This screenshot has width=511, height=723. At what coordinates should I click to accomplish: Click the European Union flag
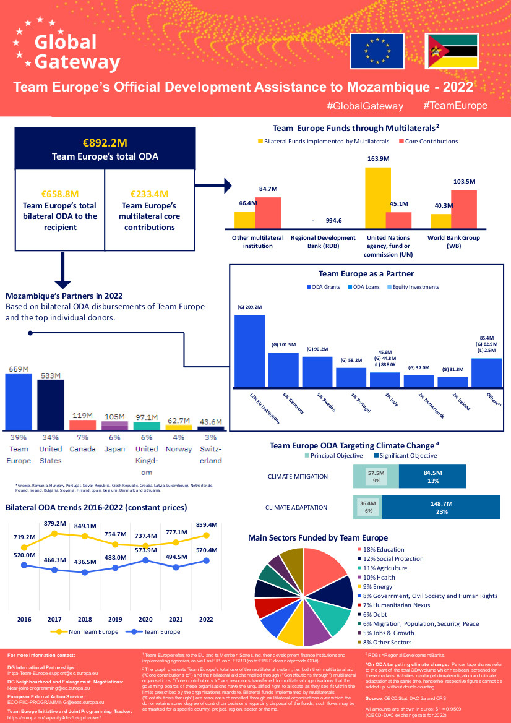point(377,51)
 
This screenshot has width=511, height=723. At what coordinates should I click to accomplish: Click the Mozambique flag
point(452,51)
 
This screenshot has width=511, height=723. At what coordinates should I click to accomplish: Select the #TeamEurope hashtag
point(455,106)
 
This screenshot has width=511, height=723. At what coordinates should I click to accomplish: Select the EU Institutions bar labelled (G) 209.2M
point(249,351)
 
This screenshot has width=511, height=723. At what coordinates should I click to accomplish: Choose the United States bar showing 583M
point(50,405)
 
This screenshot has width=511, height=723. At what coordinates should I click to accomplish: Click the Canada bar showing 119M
point(82,425)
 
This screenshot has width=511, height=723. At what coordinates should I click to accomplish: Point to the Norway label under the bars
point(178,449)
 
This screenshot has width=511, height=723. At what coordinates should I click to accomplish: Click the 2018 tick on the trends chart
point(85,619)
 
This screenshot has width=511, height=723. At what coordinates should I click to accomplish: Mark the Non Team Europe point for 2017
point(54,533)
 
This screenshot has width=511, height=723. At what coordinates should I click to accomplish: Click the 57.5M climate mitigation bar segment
point(376,476)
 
